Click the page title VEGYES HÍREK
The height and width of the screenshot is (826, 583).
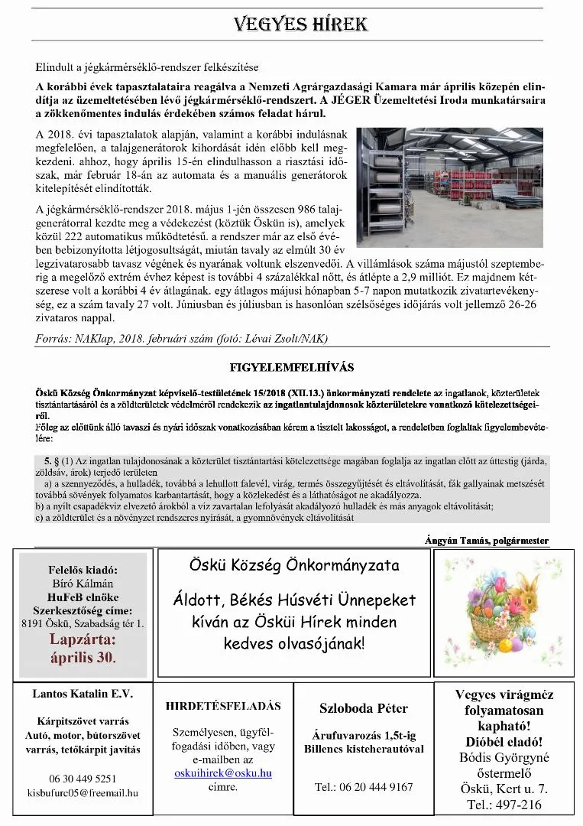[302, 24]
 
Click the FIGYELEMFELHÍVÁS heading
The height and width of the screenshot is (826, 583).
[292, 367]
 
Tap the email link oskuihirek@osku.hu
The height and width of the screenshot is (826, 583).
[222, 773]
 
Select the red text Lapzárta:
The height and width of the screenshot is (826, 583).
[83, 639]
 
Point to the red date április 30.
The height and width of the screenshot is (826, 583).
[83, 656]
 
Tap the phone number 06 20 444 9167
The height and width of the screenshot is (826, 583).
[364, 786]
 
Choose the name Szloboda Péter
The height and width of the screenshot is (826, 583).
[363, 708]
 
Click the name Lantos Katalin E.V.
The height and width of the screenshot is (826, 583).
[83, 694]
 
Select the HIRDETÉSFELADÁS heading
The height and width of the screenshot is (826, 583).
[223, 706]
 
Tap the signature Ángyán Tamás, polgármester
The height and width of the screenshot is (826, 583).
[487, 541]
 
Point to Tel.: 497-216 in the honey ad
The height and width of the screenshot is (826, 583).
[504, 805]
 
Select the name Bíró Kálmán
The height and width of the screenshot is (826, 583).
[82, 584]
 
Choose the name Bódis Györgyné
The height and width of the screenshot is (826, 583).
[504, 757]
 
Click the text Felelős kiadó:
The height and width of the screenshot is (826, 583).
[83, 570]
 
